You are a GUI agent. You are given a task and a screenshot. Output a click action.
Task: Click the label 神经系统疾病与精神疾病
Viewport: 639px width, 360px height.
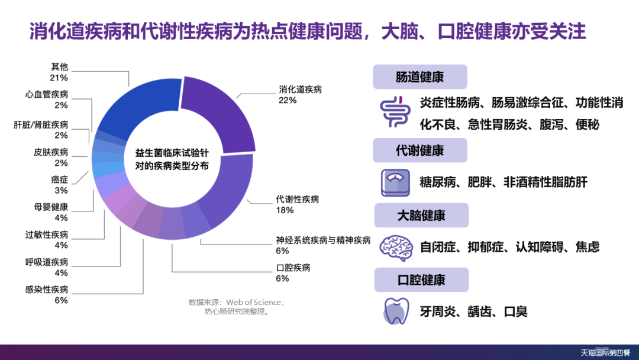click(x=323, y=240)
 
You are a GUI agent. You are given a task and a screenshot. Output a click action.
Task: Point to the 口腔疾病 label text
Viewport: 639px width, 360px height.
click(x=293, y=268)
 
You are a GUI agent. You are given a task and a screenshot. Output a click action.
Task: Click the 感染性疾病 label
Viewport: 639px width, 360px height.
click(x=47, y=290)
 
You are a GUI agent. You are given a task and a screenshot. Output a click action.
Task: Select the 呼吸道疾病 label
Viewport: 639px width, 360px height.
click(x=47, y=262)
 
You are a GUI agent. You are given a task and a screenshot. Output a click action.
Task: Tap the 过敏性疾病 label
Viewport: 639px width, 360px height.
click(x=47, y=234)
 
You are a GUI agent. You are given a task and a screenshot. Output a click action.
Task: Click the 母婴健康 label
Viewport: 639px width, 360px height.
click(x=51, y=207)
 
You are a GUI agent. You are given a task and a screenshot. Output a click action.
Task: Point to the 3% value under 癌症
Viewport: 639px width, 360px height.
click(x=61, y=191)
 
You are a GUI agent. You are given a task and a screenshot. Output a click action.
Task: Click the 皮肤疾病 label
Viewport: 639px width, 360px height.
click(x=51, y=152)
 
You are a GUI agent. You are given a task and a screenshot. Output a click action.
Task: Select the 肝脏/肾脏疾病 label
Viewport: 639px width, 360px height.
click(x=41, y=125)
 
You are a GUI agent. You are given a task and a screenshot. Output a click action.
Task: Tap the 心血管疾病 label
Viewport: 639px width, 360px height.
click(x=47, y=94)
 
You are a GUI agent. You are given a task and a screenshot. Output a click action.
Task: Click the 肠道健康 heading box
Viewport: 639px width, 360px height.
click(x=419, y=76)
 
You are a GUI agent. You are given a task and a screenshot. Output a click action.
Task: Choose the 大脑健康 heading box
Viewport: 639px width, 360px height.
click(x=421, y=216)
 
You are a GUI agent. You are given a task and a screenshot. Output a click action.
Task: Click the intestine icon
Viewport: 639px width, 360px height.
click(x=395, y=112)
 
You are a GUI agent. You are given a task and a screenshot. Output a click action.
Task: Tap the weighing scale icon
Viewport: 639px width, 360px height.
click(x=395, y=182)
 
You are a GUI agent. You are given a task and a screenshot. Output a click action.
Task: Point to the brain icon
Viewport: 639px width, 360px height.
click(x=396, y=247)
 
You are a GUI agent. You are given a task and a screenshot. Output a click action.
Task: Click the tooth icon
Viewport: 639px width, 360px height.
click(x=396, y=311)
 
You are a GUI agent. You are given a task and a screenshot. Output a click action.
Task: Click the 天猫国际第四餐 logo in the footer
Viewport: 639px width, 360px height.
click(x=605, y=352)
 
